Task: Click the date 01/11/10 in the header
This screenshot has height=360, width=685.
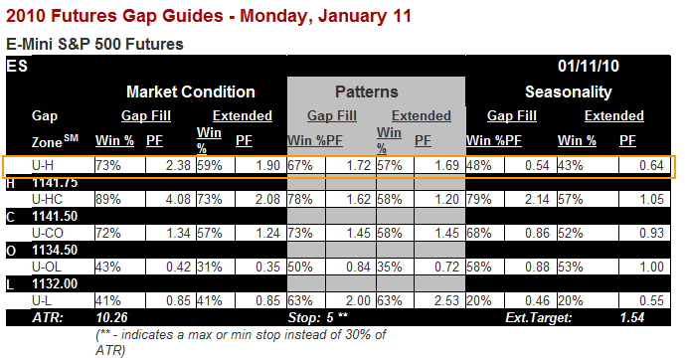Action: [588, 66]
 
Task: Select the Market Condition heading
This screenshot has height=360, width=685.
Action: [191, 91]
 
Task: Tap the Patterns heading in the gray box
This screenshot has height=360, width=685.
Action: [367, 91]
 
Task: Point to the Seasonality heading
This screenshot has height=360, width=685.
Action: [569, 91]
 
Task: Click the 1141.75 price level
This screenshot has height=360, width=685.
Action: [55, 183]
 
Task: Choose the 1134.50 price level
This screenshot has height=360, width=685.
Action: [55, 250]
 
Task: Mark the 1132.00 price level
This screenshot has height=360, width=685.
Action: [55, 284]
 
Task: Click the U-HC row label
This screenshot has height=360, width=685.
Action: [47, 199]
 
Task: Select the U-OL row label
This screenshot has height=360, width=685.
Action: [47, 267]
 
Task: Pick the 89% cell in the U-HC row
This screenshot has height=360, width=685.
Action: [108, 199]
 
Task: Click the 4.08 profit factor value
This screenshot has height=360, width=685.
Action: [178, 199]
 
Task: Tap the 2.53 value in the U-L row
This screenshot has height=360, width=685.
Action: [446, 300]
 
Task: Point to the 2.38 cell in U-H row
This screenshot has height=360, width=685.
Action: [178, 166]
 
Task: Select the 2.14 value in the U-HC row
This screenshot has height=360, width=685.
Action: [537, 199]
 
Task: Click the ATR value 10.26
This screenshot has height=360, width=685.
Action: [111, 317]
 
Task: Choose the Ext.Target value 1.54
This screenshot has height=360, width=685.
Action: [631, 317]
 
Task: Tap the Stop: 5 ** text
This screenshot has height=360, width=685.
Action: [317, 317]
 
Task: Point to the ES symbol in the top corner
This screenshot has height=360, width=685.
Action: [17, 66]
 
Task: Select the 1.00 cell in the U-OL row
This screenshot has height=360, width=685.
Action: [652, 267]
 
